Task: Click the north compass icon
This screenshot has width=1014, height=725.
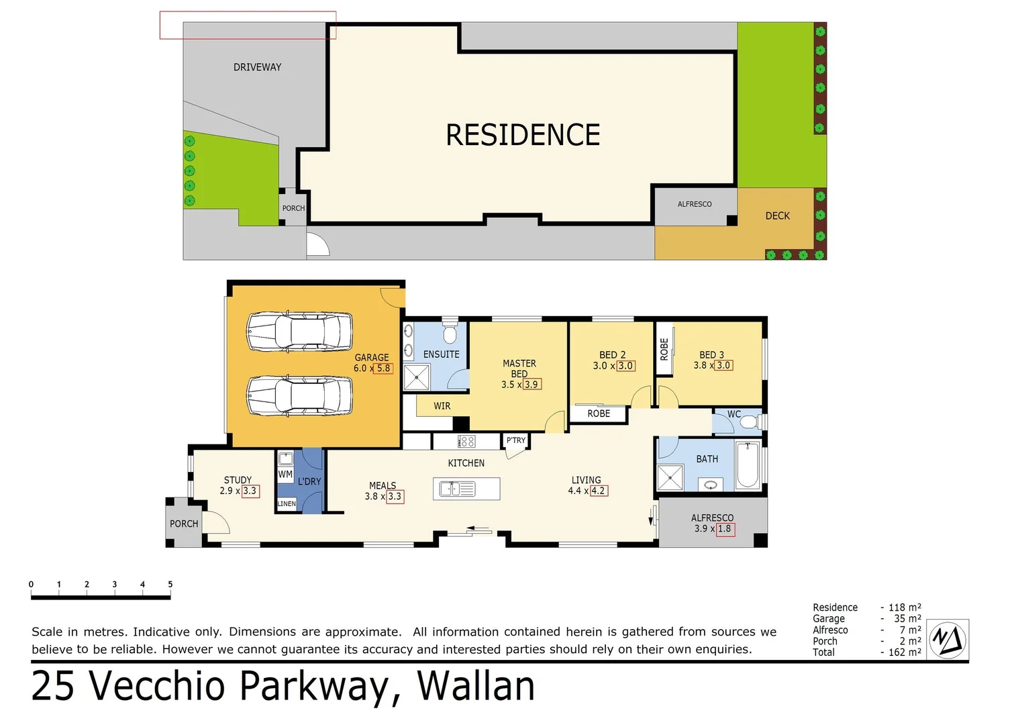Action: (948, 639)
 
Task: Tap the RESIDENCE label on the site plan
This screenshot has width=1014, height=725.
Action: (523, 135)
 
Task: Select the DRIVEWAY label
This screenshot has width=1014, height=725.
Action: (257, 67)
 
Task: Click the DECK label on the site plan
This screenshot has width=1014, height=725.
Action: (777, 216)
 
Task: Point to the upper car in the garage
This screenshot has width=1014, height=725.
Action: (299, 332)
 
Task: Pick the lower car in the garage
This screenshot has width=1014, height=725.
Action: (299, 396)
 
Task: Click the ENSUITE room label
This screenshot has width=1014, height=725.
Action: (441, 354)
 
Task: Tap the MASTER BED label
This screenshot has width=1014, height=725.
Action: (519, 369)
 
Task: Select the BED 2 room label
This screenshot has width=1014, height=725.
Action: (612, 355)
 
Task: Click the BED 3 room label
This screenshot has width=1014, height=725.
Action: (711, 355)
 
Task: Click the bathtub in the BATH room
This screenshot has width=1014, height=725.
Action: (748, 465)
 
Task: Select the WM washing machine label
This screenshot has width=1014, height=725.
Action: (285, 474)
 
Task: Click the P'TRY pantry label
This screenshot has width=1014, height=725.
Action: (515, 440)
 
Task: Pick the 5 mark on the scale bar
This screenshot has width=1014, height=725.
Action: (170, 585)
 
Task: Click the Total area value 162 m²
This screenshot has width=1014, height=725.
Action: (904, 652)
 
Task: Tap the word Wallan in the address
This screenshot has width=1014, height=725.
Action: (476, 686)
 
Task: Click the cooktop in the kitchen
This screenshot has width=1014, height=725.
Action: (466, 442)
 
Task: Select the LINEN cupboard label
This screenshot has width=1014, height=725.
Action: (287, 503)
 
